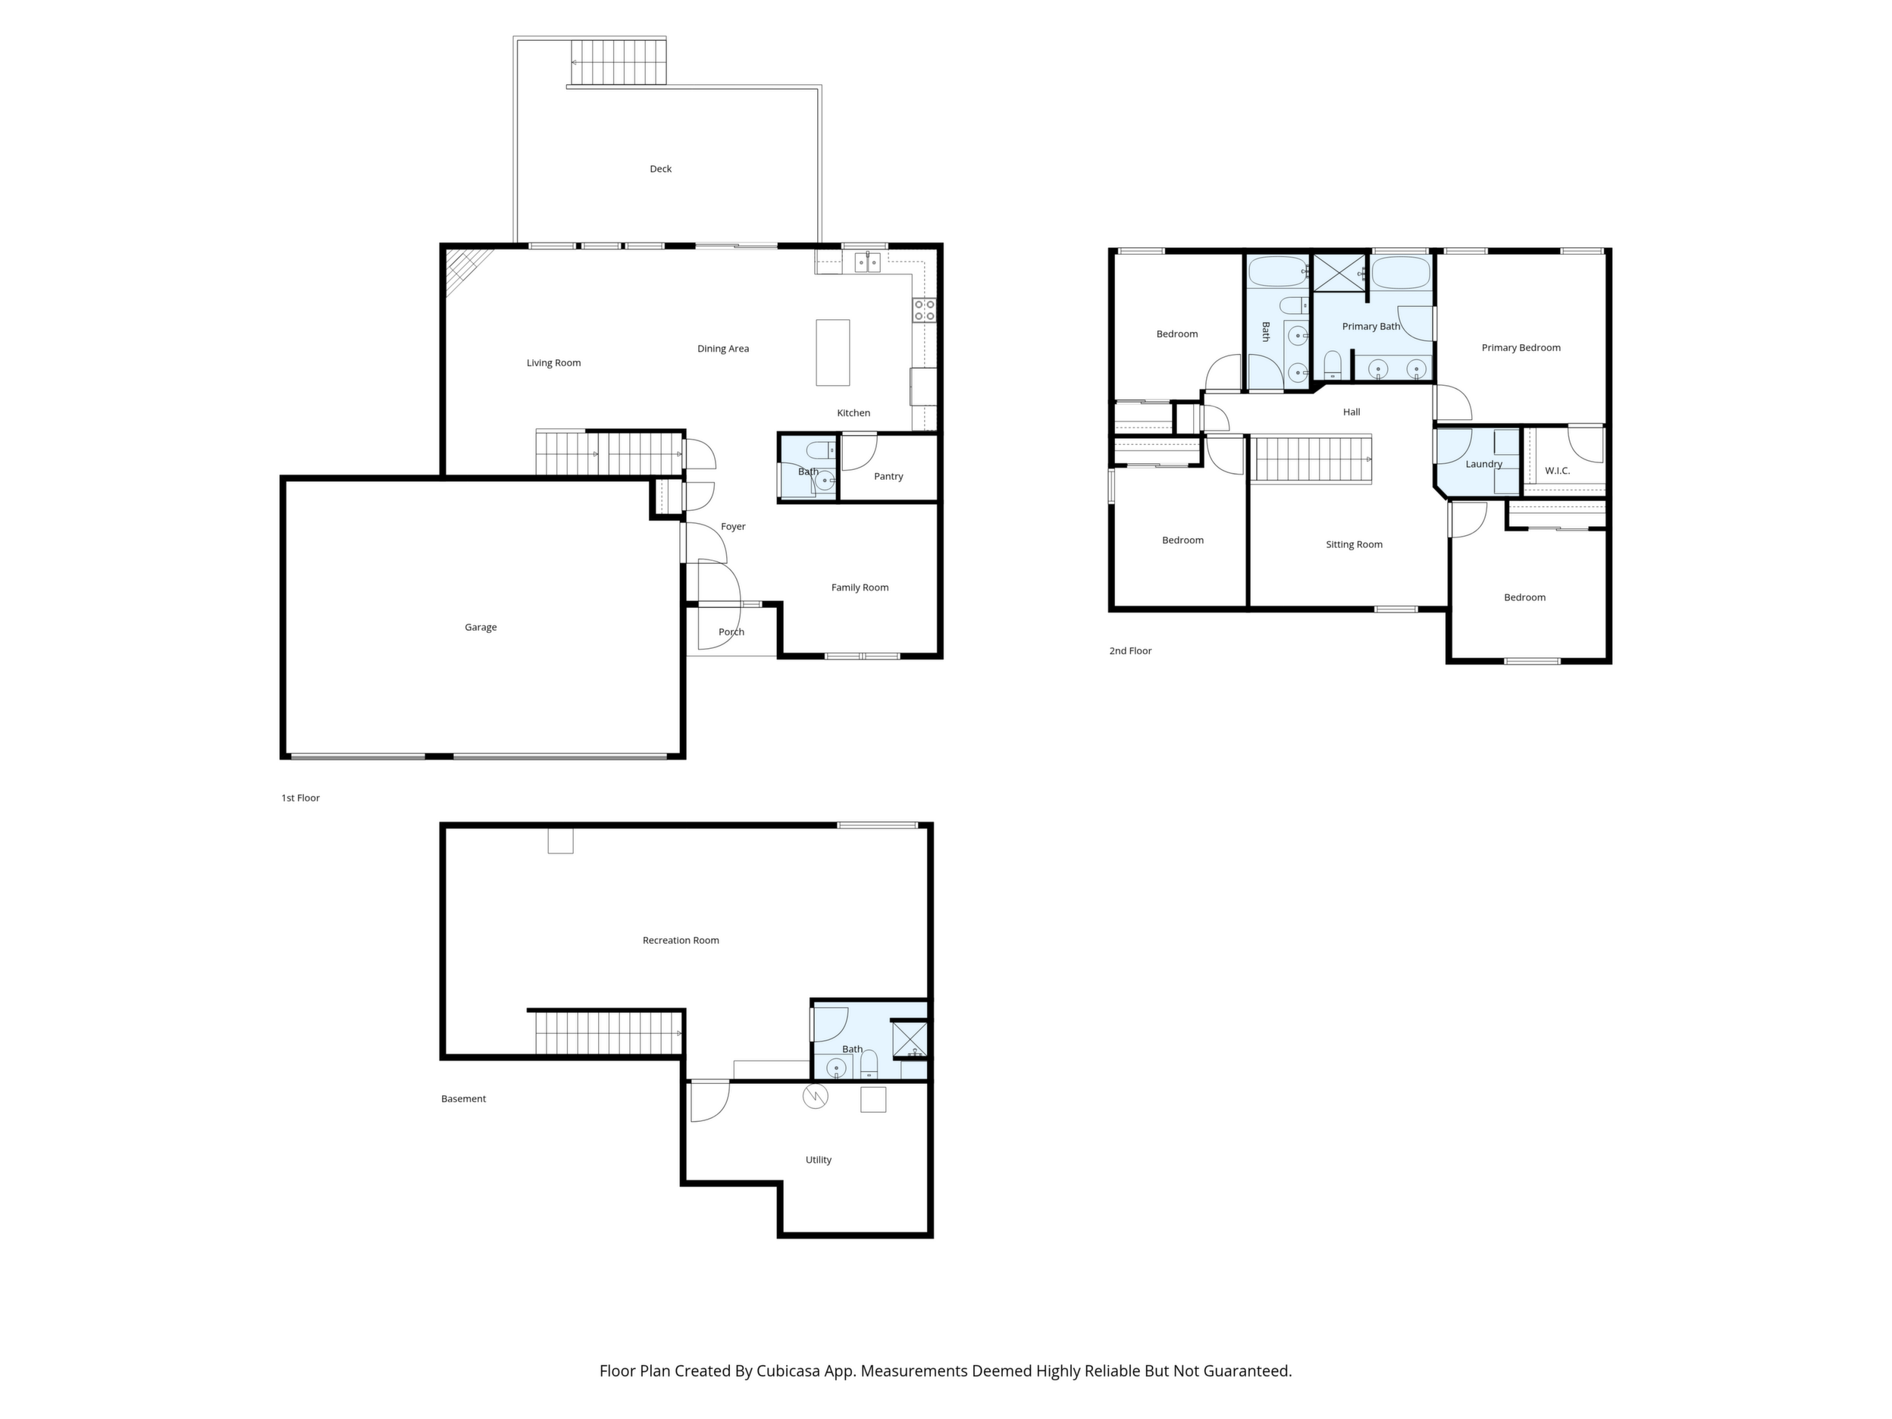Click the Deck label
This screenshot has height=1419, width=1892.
[660, 169]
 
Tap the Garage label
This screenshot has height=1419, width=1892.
[481, 628]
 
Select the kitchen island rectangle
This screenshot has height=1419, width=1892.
[833, 352]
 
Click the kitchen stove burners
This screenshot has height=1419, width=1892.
[925, 309]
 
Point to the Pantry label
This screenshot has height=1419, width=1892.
[888, 477]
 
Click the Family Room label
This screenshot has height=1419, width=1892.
[860, 587]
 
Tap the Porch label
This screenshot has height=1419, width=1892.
[731, 632]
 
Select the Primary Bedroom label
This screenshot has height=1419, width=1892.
[1521, 348]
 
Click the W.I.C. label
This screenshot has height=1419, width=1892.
[1558, 471]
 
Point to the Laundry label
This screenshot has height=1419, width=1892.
[1484, 465]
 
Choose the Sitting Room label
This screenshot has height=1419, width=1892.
[1354, 545]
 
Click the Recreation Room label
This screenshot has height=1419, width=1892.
[681, 941]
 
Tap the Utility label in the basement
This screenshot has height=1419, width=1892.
[819, 1161]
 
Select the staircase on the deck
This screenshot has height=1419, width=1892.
[617, 61]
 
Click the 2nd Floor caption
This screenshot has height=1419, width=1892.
[1130, 651]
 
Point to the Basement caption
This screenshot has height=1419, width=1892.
[464, 1099]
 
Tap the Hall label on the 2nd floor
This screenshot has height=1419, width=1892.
[1352, 412]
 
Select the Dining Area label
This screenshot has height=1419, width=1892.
[722, 349]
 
